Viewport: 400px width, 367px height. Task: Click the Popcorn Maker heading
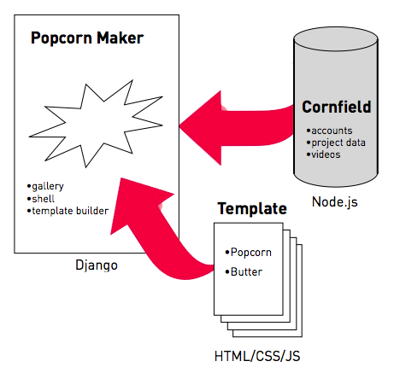(87, 38)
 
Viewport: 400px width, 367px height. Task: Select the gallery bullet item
(45, 187)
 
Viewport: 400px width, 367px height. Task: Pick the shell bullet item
(41, 199)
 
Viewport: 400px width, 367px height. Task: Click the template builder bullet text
(68, 211)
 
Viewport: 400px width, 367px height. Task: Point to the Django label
(97, 265)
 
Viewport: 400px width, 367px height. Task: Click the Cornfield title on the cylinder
(337, 107)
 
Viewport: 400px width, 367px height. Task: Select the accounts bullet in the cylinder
(329, 131)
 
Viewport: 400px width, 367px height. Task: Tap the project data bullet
(336, 143)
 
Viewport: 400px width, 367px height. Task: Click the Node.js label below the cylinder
(335, 202)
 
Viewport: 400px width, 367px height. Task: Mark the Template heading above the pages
(252, 209)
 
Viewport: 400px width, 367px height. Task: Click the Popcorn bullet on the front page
(248, 253)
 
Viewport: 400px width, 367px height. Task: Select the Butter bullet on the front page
(244, 271)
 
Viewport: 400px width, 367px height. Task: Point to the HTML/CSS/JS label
(257, 356)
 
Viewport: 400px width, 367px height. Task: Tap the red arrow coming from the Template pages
(160, 228)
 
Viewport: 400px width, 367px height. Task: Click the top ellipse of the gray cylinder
(336, 39)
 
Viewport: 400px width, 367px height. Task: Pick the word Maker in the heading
(121, 38)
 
